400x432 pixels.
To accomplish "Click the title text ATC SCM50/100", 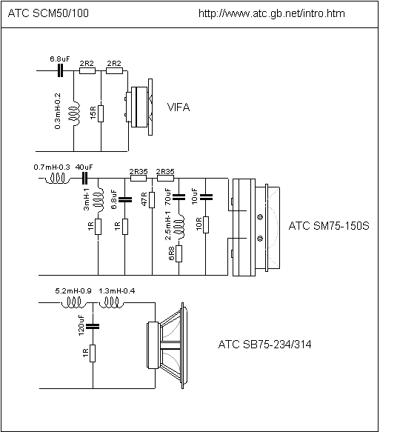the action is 48,13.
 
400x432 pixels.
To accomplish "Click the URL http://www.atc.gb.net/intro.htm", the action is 271,13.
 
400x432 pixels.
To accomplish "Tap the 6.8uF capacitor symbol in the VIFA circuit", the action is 60,70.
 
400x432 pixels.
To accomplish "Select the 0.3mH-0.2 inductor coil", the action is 74,113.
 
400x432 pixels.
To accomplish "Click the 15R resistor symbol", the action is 101,113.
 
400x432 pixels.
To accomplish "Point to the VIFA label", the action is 179,107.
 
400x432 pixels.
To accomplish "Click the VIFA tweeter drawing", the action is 139,107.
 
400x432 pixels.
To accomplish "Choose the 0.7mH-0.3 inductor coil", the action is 57,179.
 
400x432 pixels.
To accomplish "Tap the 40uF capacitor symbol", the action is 84,179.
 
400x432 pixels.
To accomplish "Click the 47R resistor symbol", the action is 152,200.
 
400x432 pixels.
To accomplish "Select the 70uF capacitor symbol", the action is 179,197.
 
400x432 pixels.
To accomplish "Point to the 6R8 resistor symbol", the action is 179,253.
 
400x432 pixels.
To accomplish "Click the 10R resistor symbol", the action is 206,225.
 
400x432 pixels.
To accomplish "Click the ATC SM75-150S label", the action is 329,226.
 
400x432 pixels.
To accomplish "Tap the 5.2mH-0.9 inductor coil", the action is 73,302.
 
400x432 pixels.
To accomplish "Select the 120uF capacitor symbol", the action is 93,327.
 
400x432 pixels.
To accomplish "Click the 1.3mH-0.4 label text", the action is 117,291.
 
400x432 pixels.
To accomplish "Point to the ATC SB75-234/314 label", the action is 264,345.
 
